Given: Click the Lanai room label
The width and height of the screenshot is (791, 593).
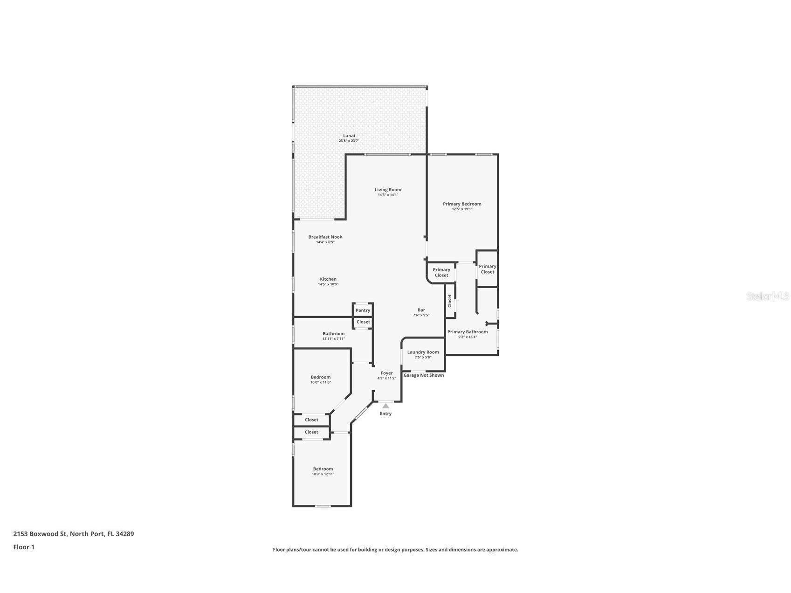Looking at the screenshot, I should pyautogui.click(x=349, y=136).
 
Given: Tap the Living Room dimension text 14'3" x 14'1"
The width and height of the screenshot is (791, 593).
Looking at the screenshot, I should pyautogui.click(x=388, y=195).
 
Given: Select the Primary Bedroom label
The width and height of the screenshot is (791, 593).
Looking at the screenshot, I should pyautogui.click(x=462, y=204).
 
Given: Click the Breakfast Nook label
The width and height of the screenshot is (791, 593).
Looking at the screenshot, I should pyautogui.click(x=325, y=237).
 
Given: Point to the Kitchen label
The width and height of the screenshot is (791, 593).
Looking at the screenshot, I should pyautogui.click(x=328, y=279).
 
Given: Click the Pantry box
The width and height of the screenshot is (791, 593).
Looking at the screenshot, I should pyautogui.click(x=363, y=310).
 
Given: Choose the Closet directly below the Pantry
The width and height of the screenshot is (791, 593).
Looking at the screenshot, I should pyautogui.click(x=363, y=322).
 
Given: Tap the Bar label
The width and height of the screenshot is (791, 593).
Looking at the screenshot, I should pyautogui.click(x=421, y=310).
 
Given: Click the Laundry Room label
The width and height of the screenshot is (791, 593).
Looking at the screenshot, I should pyautogui.click(x=423, y=352).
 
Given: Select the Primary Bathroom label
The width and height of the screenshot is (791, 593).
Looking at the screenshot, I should pyautogui.click(x=468, y=332).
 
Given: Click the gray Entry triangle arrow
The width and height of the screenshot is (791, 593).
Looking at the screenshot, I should pyautogui.click(x=385, y=406).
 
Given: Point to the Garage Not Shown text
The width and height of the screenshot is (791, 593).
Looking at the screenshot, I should pyautogui.click(x=424, y=375).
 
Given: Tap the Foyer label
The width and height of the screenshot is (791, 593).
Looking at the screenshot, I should pyautogui.click(x=387, y=373).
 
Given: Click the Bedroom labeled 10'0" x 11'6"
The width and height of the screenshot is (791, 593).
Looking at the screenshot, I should pyautogui.click(x=321, y=377).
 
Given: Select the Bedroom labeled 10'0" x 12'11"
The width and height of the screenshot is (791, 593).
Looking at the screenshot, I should pyautogui.click(x=323, y=469).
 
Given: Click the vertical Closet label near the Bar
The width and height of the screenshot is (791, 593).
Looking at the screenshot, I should pyautogui.click(x=450, y=301).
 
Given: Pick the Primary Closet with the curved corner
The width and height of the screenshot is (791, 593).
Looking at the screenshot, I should pyautogui.click(x=441, y=272).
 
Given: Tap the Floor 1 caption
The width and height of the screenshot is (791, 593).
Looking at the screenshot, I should pyautogui.click(x=24, y=547).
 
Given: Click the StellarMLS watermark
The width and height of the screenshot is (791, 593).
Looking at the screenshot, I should pyautogui.click(x=767, y=296).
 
